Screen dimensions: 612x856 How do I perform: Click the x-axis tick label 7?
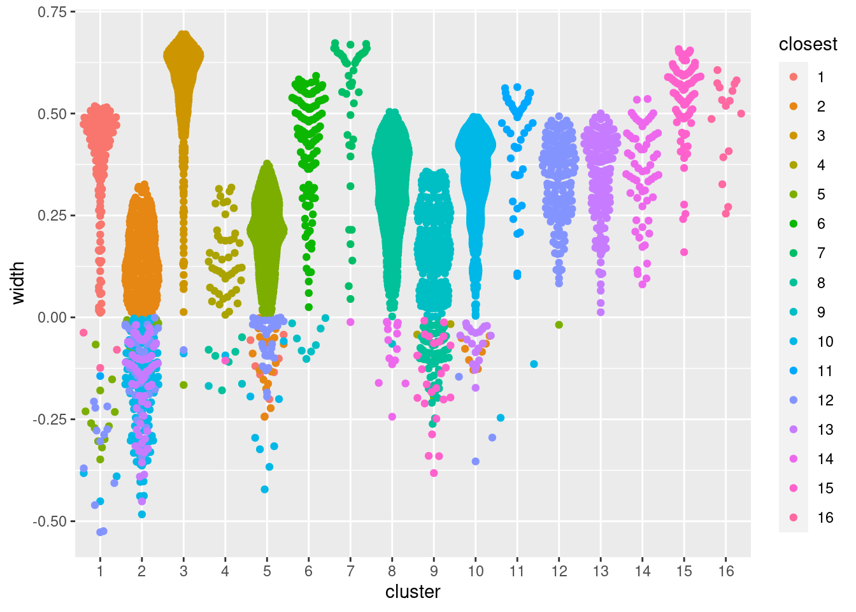(350, 571)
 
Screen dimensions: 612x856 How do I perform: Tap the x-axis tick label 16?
(726, 571)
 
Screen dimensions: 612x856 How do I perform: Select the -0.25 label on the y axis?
(50, 419)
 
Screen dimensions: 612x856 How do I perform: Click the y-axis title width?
(18, 282)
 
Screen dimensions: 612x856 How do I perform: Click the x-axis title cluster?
(413, 592)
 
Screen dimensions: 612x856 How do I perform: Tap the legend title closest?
(808, 44)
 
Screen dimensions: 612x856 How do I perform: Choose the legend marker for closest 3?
(794, 136)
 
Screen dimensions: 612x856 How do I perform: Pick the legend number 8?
(821, 283)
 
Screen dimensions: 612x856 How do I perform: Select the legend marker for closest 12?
(794, 400)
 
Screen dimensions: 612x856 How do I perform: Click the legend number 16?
(825, 518)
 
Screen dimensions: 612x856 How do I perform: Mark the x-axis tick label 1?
(100, 571)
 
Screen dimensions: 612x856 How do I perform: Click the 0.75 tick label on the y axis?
(52, 12)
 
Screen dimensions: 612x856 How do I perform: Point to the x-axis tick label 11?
(517, 571)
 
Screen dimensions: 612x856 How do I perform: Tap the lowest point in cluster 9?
(434, 473)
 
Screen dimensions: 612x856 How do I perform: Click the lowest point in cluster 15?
(684, 252)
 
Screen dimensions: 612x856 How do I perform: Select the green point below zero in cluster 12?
(559, 325)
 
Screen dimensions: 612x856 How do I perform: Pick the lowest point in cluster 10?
(476, 462)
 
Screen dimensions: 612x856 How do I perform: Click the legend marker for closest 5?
(794, 194)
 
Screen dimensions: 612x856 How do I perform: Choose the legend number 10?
(825, 342)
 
